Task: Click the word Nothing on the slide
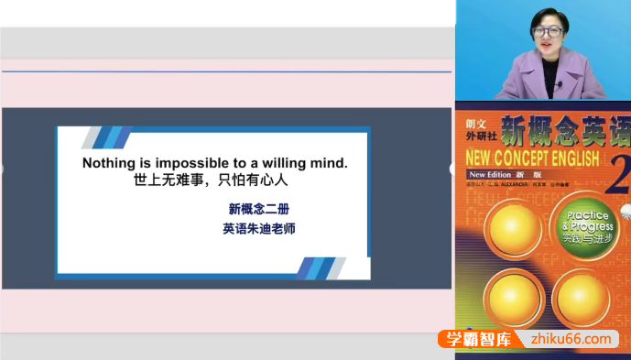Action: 109,163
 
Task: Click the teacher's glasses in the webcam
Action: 548,31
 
